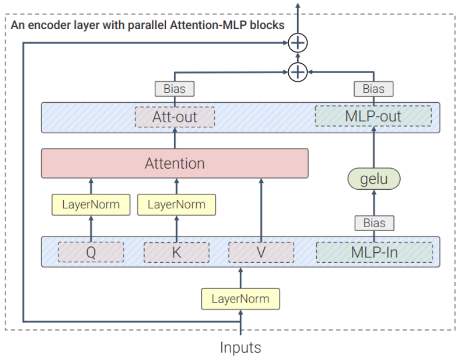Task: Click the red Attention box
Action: [x=175, y=163]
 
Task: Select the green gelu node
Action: [x=374, y=179]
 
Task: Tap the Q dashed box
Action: [x=91, y=252]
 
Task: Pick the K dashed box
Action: [x=177, y=252]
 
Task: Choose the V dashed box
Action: [x=261, y=252]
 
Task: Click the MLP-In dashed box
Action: [x=374, y=252]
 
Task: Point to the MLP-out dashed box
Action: [x=373, y=116]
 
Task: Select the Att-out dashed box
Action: [x=175, y=117]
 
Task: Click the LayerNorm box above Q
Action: [x=91, y=205]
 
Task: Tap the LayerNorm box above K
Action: [x=177, y=205]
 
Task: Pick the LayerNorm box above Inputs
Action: [x=240, y=299]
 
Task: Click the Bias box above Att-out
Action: [x=175, y=89]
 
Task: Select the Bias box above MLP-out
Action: [x=374, y=89]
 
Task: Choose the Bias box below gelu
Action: [x=374, y=223]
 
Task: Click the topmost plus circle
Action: [x=298, y=43]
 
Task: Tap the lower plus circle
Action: [x=298, y=72]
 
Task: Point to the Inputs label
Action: [x=240, y=347]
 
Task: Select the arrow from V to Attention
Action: [x=261, y=210]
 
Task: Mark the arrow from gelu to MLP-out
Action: [x=374, y=147]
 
